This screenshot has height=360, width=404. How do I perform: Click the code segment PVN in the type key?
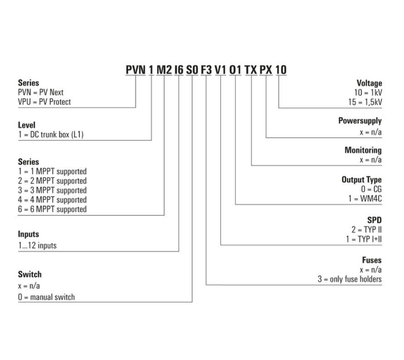coord(136,69)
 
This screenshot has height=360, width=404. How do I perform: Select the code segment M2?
coord(164,69)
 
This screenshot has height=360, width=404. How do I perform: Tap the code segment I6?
coord(179,69)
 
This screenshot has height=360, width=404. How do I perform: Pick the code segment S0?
coord(192,69)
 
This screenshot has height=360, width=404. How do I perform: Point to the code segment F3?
coord(207,69)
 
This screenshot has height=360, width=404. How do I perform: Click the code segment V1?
coord(221,69)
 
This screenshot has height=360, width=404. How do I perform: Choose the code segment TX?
coord(251,69)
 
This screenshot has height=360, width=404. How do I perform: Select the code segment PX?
coord(266,69)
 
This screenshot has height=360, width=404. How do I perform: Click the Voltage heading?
coord(370,83)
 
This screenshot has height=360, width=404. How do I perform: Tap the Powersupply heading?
coord(360,121)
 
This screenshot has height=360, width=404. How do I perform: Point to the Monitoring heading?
coord(363,150)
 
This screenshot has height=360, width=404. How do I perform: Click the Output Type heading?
coord(361,180)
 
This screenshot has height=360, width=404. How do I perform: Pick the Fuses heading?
coord(372,260)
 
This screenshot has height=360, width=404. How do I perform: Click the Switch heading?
coord(30,274)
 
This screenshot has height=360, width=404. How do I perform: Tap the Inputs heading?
coord(29,234)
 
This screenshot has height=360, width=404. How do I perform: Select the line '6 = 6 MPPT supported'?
coord(52,209)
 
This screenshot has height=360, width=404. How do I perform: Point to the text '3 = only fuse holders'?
coord(350,279)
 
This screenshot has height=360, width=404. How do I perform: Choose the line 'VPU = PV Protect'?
coord(44,102)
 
